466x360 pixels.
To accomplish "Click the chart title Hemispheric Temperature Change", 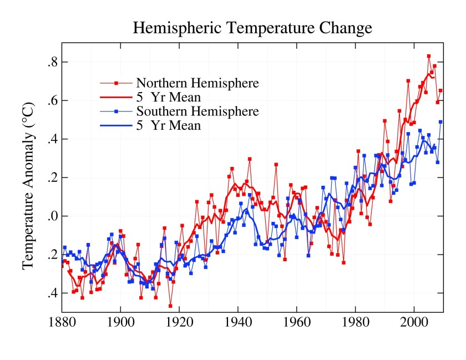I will pos(252,28).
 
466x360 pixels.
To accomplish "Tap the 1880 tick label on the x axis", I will pos(63,323).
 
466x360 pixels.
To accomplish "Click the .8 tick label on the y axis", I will pos(52,62).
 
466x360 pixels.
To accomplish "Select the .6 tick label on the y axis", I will pos(52,100).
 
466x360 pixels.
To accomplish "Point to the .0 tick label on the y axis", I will pos(52,216).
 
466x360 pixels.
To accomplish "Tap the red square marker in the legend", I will pos(116,83).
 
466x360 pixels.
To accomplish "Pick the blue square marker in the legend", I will pos(116,111).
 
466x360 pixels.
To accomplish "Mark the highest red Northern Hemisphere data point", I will pos(429,56).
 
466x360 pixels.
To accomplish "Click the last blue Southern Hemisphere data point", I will pos(441,122).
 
